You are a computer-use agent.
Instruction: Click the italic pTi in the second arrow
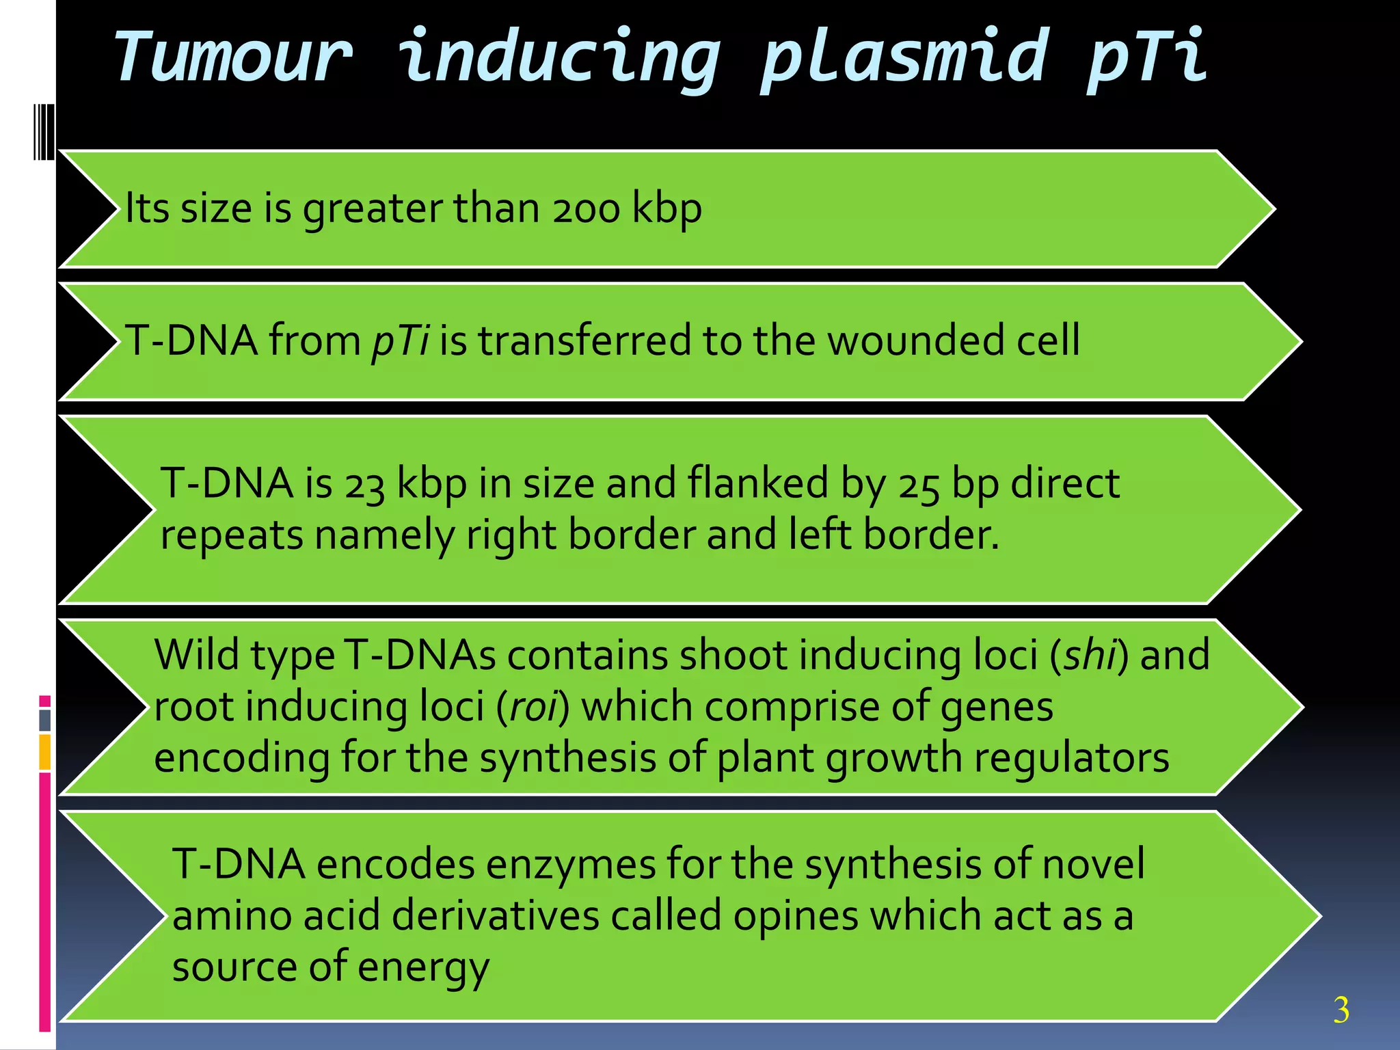pos(400,340)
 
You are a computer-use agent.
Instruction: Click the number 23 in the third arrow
pos(364,484)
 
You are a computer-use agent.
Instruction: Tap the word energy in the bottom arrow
pos(423,967)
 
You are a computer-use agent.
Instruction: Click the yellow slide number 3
pos(1341,1010)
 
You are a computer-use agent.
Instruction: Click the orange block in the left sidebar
pos(44,752)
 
